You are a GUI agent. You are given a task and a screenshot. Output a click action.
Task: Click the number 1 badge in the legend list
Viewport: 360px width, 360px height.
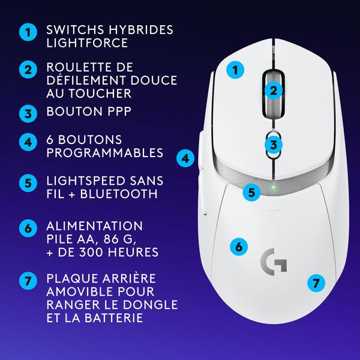click(x=27, y=32)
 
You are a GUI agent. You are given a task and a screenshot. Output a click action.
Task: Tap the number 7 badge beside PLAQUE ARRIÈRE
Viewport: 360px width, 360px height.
click(x=27, y=281)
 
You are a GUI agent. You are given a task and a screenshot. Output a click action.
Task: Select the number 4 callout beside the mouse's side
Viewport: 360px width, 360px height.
click(x=186, y=158)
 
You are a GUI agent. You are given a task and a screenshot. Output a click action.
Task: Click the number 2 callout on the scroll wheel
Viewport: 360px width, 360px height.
click(x=273, y=91)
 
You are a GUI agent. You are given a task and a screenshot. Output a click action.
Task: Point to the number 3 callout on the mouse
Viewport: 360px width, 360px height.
click(x=273, y=145)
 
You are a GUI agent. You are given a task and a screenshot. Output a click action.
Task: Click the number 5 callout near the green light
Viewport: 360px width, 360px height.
click(x=252, y=193)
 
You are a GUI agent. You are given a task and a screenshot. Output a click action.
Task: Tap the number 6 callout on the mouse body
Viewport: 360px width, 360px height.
click(x=238, y=246)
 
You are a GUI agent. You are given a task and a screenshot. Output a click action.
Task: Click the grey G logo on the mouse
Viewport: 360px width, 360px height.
click(x=274, y=262)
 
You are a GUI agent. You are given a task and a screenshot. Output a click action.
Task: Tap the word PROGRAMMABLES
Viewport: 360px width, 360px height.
click(x=104, y=153)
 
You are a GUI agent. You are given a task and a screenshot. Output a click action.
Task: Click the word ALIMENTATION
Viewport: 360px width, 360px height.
click(x=94, y=226)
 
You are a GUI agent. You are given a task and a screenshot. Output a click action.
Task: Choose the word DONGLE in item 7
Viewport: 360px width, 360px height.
click(x=150, y=305)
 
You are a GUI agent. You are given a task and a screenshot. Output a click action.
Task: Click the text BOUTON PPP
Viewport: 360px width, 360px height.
click(x=89, y=112)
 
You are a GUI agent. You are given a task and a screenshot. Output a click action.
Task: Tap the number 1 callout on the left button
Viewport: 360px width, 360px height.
click(x=235, y=70)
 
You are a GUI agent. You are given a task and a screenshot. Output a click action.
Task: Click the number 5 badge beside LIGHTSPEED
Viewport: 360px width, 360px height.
click(x=27, y=182)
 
